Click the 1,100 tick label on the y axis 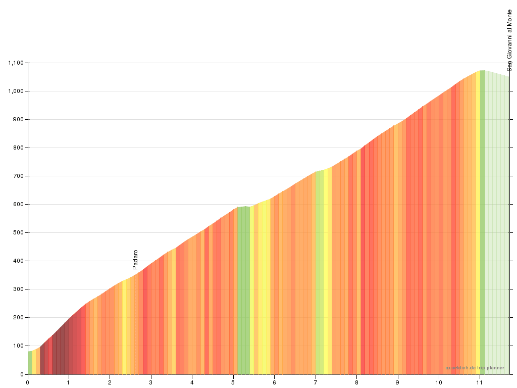(16, 63)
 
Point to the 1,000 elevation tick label (16, 91)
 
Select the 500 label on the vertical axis (19, 232)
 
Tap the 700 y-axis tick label (19, 176)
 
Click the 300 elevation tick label (19, 289)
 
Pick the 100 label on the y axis (19, 346)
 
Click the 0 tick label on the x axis (28, 382)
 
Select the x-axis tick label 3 (151, 382)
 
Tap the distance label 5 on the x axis (233, 382)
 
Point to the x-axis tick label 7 (316, 382)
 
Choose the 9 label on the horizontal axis (398, 382)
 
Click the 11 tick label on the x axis (480, 382)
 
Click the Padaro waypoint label (135, 260)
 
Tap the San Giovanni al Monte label (509, 40)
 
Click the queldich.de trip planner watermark (475, 368)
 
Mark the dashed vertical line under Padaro (135, 323)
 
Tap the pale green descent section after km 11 (497, 227)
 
